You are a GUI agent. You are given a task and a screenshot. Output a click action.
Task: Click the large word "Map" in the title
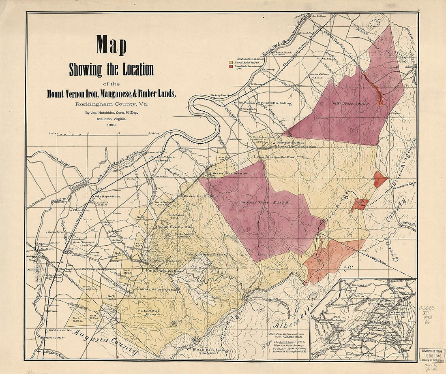point(111,45)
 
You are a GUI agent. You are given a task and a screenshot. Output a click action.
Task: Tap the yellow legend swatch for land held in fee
point(231,63)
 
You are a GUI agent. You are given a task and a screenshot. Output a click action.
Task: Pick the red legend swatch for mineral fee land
point(231,66)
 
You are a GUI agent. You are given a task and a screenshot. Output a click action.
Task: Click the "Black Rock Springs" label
point(211,350)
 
